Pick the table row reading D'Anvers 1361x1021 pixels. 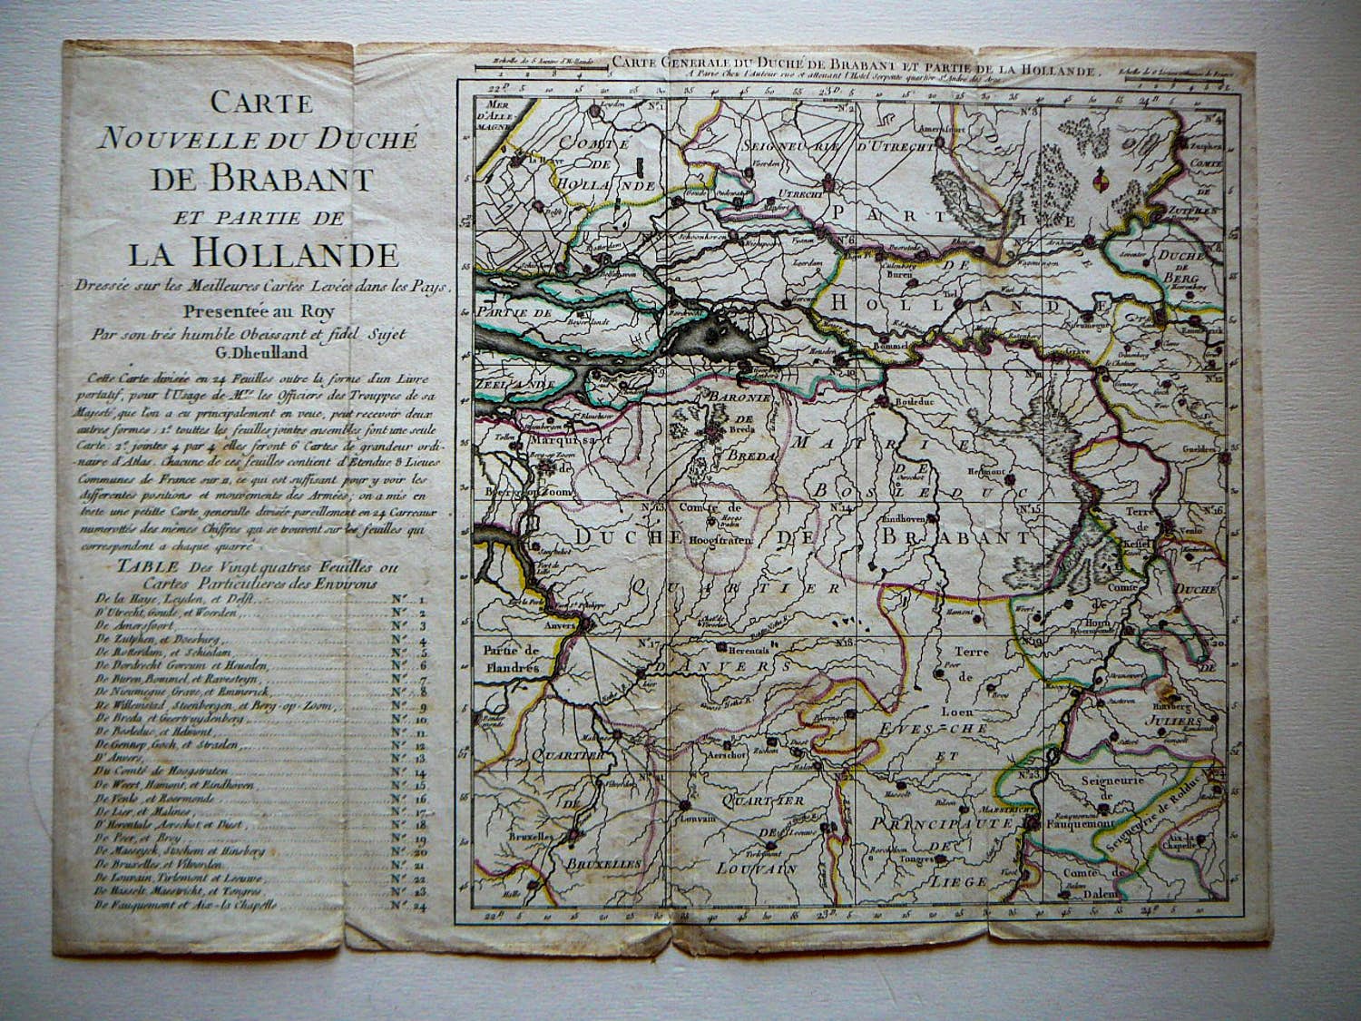click(110, 757)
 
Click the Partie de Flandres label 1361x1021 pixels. click(512, 657)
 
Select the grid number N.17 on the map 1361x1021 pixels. click(650, 644)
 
